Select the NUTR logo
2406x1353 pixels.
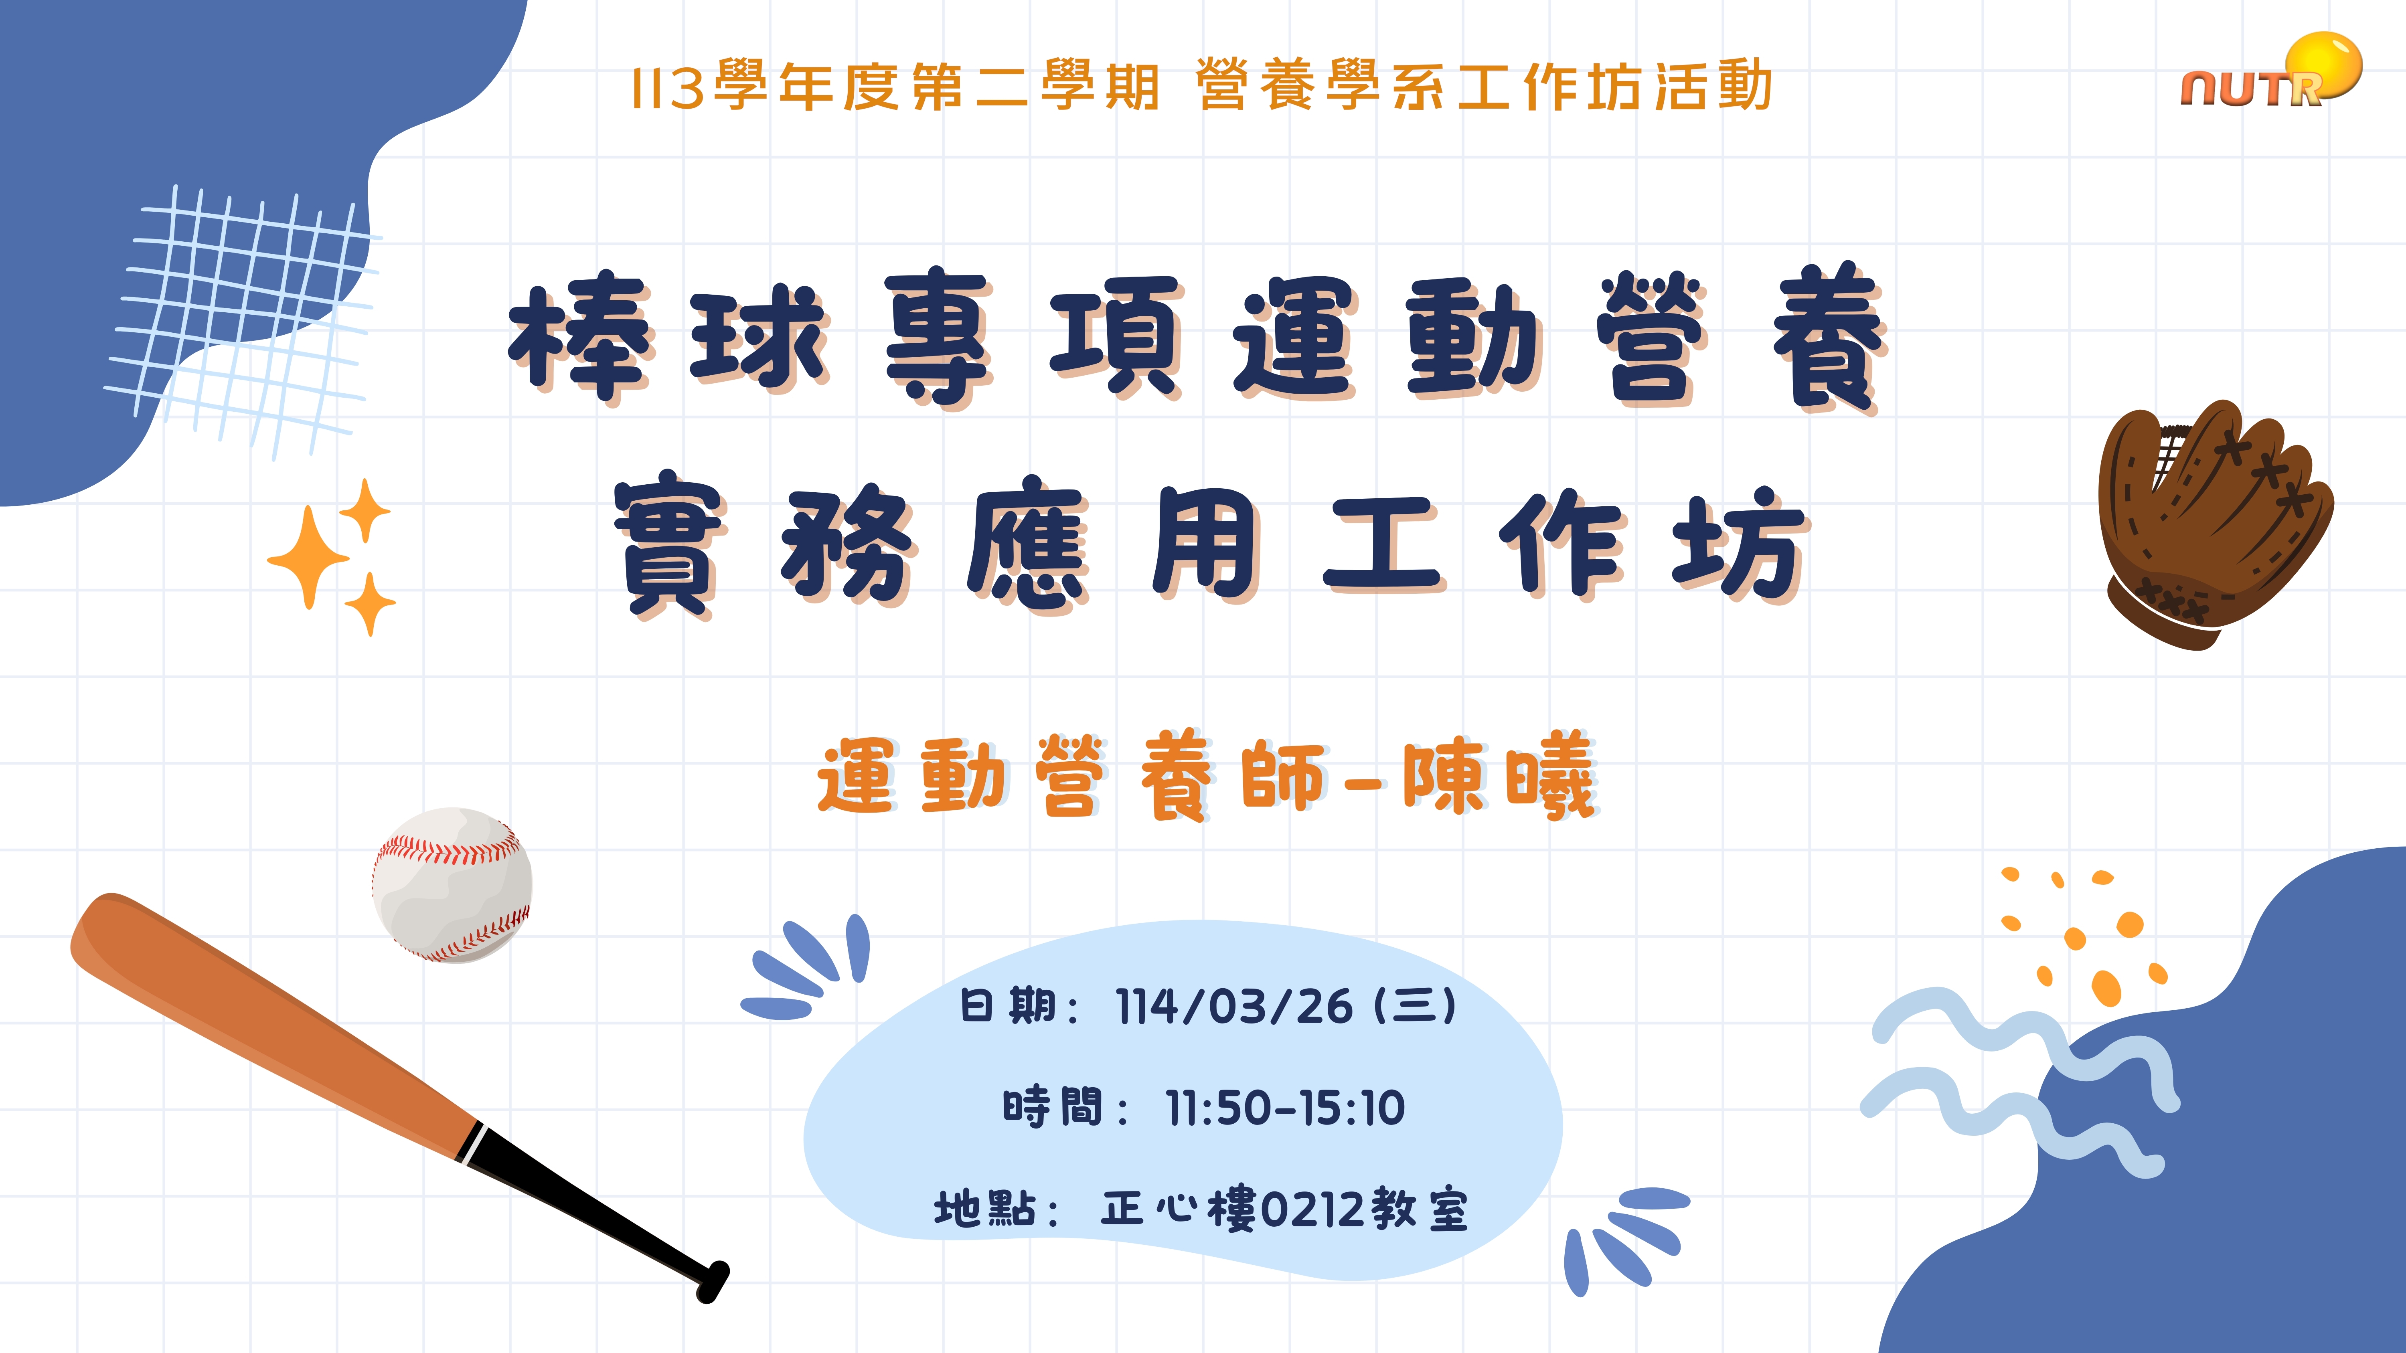[2270, 73]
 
